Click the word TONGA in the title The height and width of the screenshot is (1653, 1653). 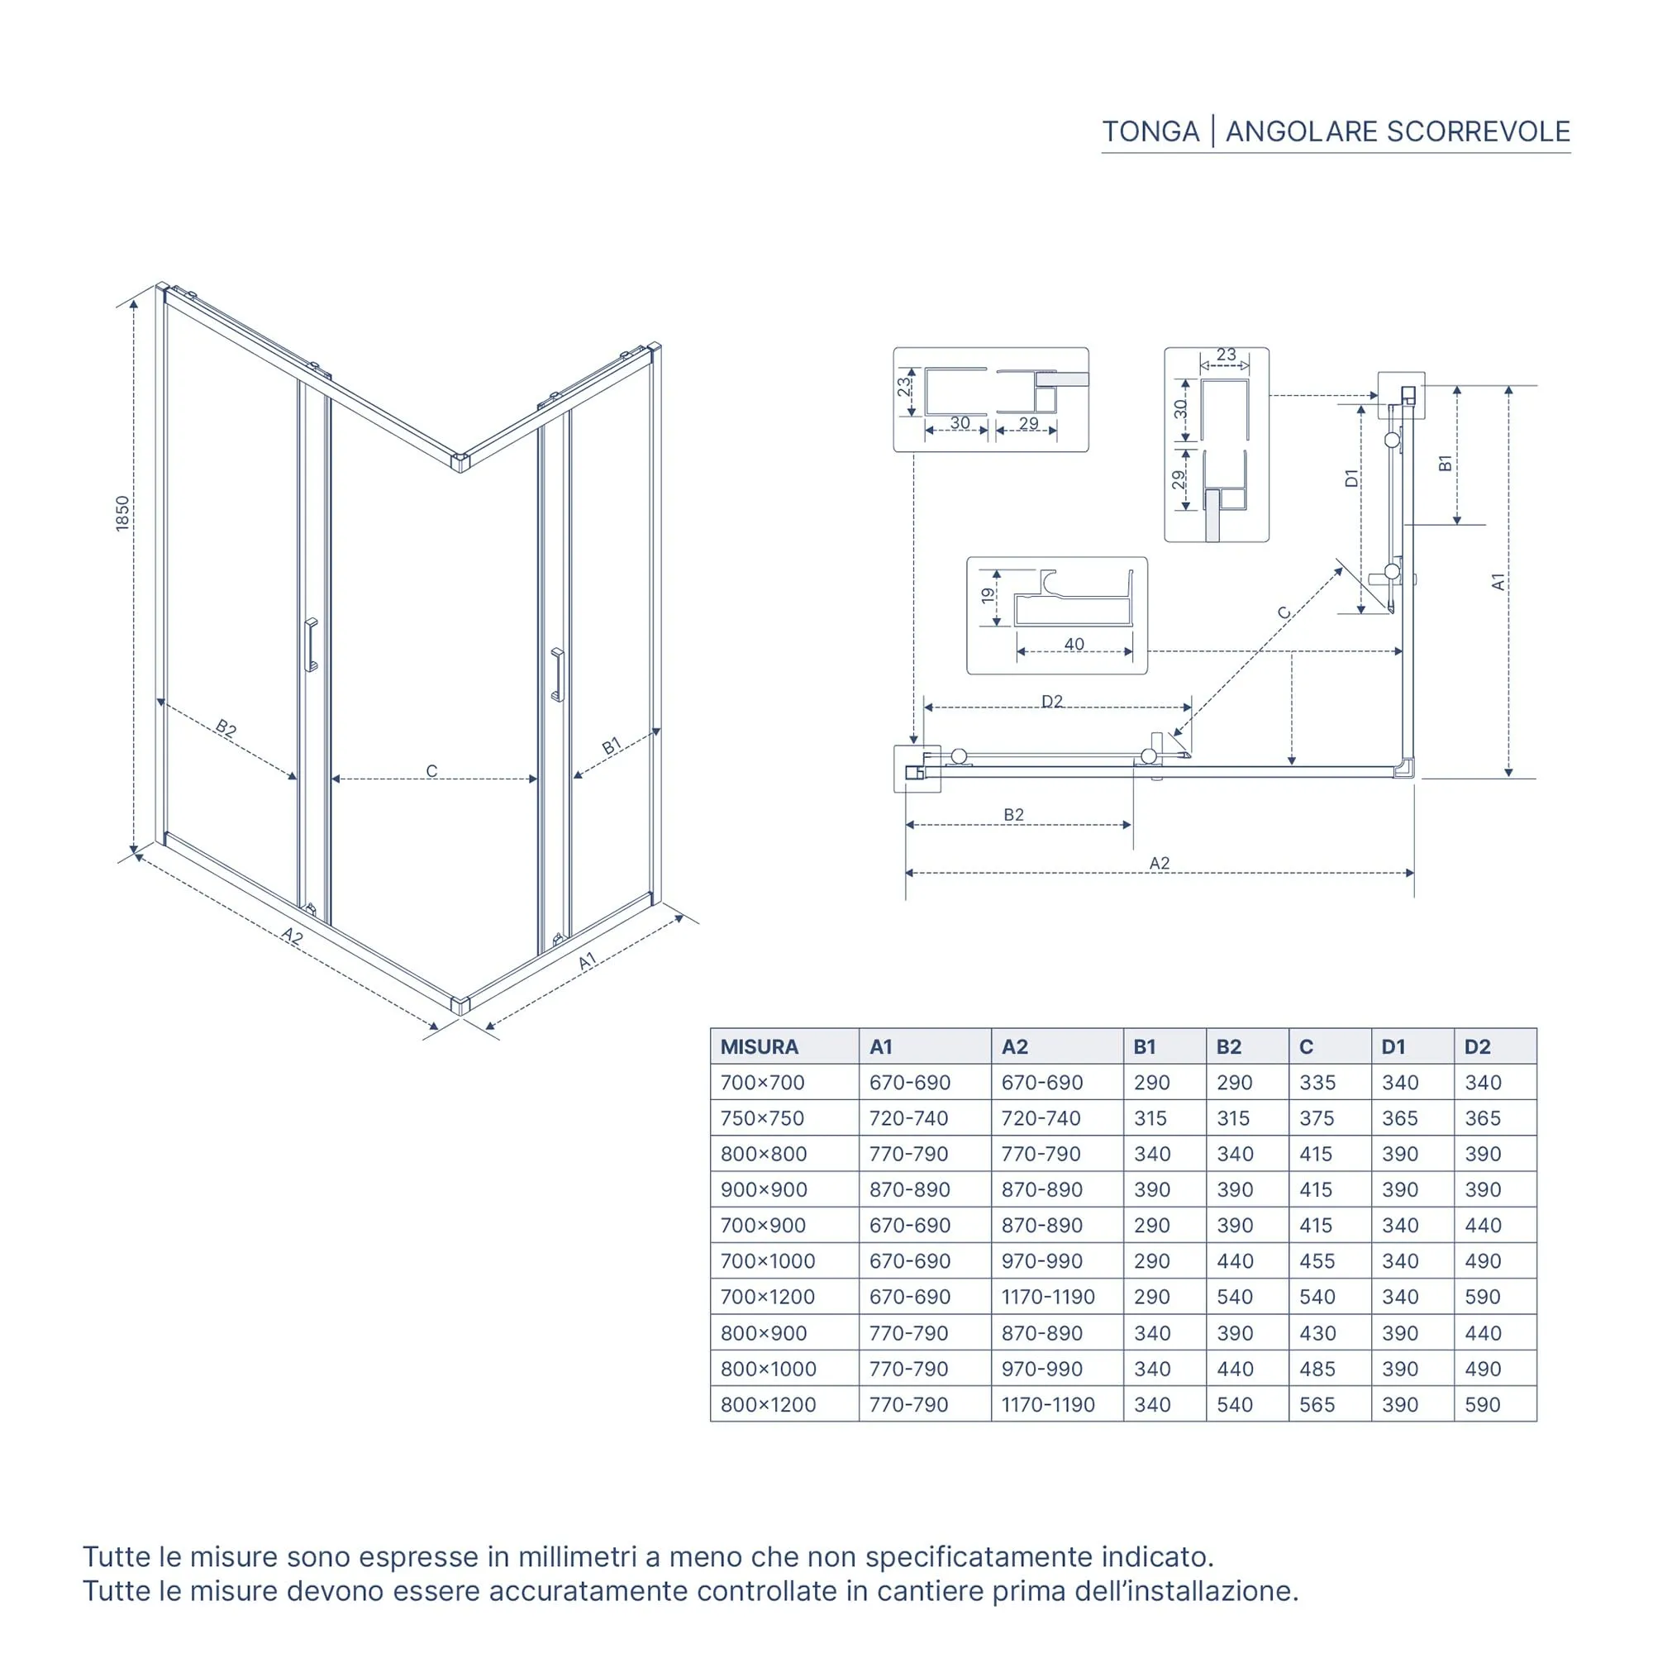[x=1150, y=131]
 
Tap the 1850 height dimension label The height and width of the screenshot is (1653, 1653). [x=123, y=513]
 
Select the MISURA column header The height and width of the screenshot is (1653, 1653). [x=759, y=1046]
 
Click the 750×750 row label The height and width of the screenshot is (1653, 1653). [x=762, y=1117]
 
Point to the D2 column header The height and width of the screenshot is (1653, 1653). [x=1478, y=1046]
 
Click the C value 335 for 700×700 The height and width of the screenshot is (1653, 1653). [x=1317, y=1083]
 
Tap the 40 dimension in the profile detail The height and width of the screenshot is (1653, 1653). [x=1074, y=643]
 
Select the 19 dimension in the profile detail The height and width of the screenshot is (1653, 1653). [x=988, y=593]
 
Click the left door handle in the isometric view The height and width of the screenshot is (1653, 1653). [x=311, y=645]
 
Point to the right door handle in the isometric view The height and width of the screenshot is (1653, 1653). [x=558, y=675]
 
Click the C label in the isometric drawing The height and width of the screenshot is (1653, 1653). [x=432, y=771]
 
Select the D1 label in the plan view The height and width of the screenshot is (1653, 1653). [x=1352, y=479]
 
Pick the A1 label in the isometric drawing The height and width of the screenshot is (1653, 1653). [x=587, y=962]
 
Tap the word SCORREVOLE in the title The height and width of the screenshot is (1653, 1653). [x=1478, y=131]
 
